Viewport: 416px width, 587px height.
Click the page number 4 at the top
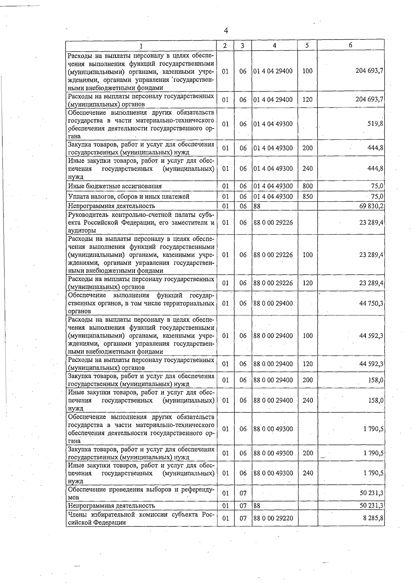coord(226,31)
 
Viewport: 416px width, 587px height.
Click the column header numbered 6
coord(350,45)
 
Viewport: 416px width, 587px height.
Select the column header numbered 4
coord(274,45)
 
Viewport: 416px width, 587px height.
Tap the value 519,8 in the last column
coord(375,124)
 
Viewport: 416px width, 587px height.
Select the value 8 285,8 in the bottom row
coord(373,518)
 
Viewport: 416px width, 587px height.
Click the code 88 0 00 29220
coord(273,518)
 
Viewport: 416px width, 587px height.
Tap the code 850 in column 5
coord(307,196)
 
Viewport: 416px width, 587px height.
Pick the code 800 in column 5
coord(307,186)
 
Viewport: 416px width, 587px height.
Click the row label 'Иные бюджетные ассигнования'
coord(115,186)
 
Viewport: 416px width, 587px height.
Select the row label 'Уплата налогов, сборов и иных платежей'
coord(129,196)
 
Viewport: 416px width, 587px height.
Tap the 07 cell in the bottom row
coord(243,518)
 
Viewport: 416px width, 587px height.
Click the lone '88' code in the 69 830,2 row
coord(257,207)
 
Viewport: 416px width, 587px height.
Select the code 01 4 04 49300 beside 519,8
coord(273,124)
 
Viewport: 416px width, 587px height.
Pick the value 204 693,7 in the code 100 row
coord(370,71)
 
